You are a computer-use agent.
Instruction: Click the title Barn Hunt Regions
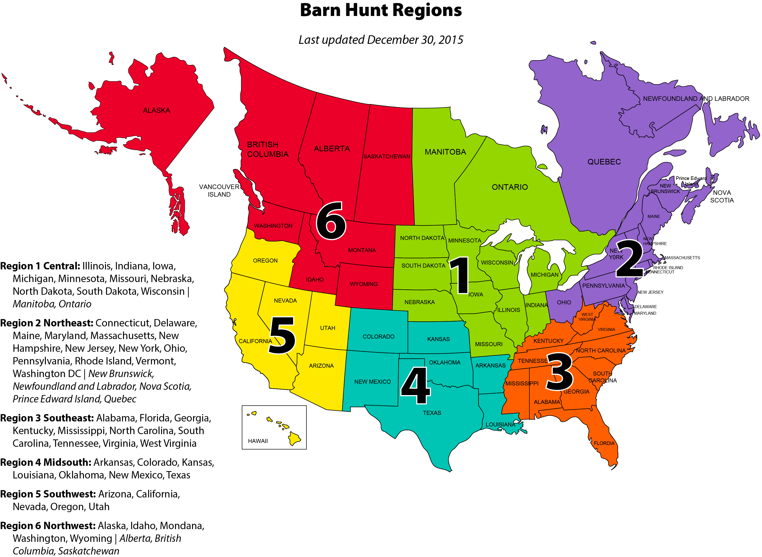click(x=381, y=10)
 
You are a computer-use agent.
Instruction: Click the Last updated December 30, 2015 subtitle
click(x=381, y=40)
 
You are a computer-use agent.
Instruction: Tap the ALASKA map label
click(x=156, y=110)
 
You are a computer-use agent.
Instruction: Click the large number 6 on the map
click(x=331, y=221)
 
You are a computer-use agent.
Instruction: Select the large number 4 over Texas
click(x=415, y=385)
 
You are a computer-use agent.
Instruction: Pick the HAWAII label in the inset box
click(x=257, y=441)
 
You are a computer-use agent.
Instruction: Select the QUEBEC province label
click(x=604, y=162)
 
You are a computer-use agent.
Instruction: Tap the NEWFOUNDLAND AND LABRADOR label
click(x=696, y=99)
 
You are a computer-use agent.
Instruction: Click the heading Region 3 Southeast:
click(x=47, y=418)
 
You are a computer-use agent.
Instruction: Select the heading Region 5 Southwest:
click(x=48, y=494)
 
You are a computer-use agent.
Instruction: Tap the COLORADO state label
click(x=378, y=337)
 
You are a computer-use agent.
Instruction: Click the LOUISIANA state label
click(x=500, y=424)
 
